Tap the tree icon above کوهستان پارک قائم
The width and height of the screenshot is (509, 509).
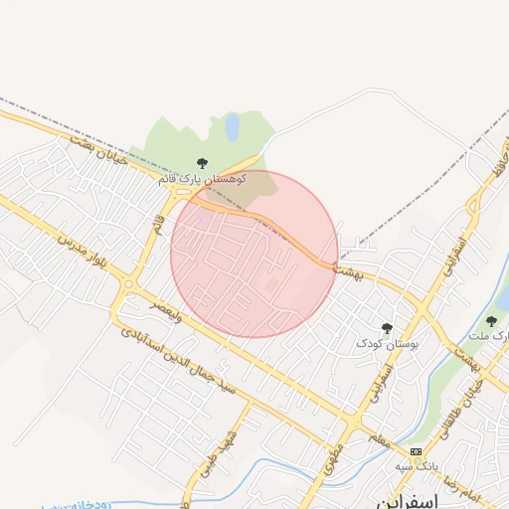tap(203, 162)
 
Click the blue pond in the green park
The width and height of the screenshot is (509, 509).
tap(232, 126)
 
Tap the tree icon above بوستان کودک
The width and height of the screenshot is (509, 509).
tap(387, 327)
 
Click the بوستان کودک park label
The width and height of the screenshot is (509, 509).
tap(389, 343)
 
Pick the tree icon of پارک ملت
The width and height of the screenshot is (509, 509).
tap(491, 321)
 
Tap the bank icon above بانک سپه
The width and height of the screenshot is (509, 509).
tap(415, 450)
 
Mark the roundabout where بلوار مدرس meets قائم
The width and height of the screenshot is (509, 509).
tap(129, 284)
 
